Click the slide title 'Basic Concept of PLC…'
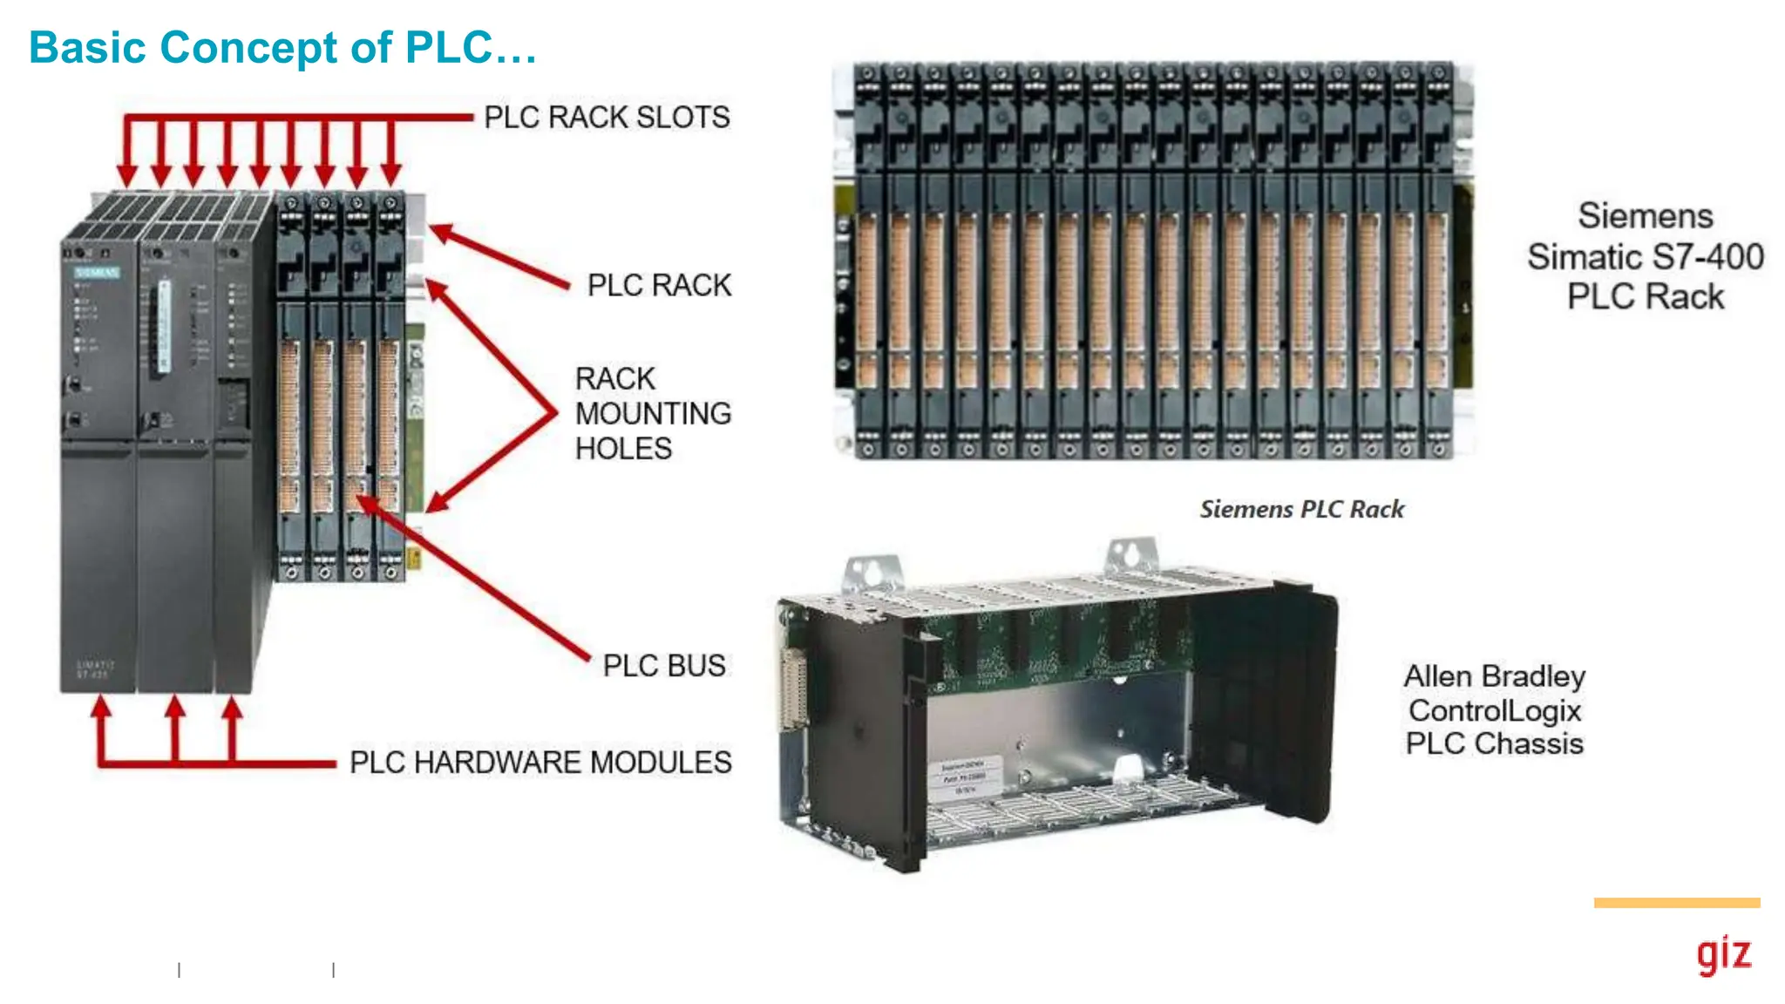[282, 47]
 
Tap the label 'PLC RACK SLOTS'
[607, 118]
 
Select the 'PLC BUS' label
[663, 666]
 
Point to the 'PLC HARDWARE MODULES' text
[540, 763]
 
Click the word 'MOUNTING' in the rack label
[653, 414]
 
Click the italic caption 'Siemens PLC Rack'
[1301, 509]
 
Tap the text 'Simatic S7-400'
[1645, 257]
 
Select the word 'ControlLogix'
[1494, 710]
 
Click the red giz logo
[1723, 955]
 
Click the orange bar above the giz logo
[1676, 903]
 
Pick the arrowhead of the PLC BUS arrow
[368, 503]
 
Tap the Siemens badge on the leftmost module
[96, 273]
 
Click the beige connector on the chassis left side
[793, 689]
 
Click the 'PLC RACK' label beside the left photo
[659, 286]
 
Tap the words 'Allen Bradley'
[1494, 676]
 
